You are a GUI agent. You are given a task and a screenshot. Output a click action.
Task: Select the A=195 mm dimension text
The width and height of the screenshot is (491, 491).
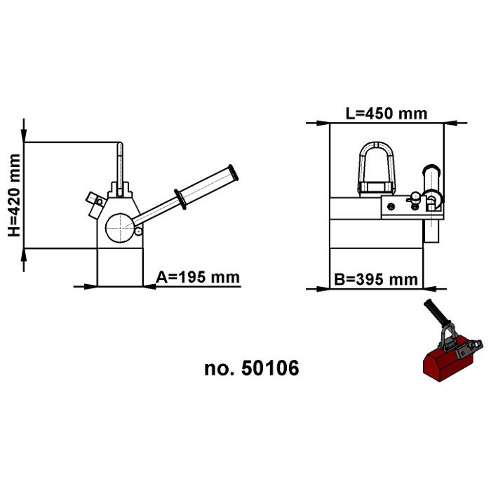(197, 277)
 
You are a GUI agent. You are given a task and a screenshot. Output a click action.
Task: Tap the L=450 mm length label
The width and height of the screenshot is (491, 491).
(386, 113)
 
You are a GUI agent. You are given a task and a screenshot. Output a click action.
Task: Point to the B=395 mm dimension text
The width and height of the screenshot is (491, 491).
(376, 280)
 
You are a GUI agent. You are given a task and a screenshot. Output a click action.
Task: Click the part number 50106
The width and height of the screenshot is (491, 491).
(252, 368)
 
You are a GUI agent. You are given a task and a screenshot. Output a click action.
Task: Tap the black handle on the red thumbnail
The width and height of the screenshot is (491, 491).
(433, 314)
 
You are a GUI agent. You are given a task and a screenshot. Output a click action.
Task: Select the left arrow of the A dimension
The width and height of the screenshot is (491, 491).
(90, 285)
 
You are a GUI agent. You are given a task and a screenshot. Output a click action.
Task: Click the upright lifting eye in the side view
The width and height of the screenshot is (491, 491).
(121, 165)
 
